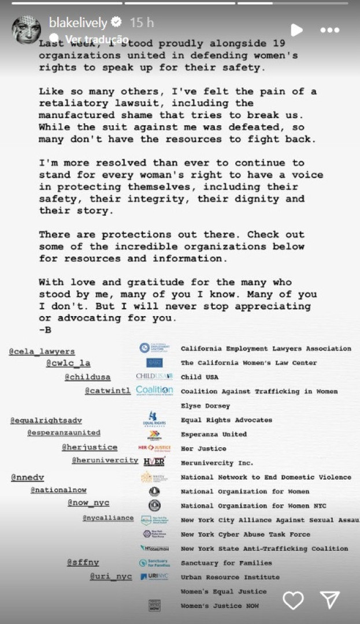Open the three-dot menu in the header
click(x=329, y=30)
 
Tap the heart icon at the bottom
click(x=293, y=600)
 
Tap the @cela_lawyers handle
click(x=42, y=351)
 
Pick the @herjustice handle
click(x=90, y=447)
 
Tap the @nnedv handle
click(x=27, y=477)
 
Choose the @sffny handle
click(x=83, y=562)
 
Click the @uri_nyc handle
click(x=111, y=577)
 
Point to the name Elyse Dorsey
click(x=205, y=406)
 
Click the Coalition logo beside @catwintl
click(x=154, y=391)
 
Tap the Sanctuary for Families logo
click(x=154, y=563)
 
